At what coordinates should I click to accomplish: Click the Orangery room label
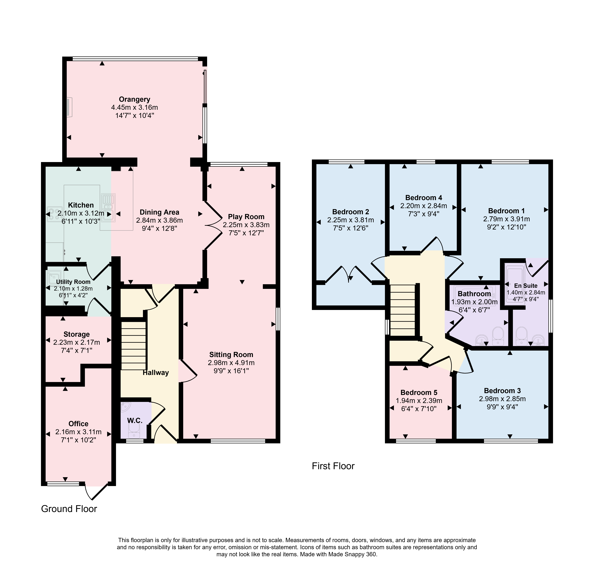coord(135,99)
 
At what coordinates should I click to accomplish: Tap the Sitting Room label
coord(231,354)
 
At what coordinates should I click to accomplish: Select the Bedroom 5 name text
coord(419,393)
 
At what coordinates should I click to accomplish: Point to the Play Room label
coord(246,217)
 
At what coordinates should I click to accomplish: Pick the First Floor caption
coord(333,466)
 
